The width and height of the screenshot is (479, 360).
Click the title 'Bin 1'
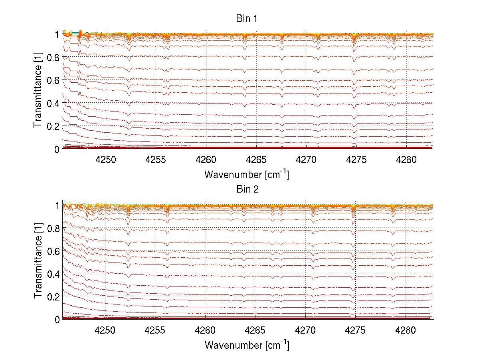tap(247, 18)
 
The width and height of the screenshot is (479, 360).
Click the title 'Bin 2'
tap(247, 189)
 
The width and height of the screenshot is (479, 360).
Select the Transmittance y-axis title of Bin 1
tap(38, 91)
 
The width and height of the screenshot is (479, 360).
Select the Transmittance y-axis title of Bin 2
tap(38, 262)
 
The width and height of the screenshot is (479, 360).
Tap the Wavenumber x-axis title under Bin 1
tap(247, 174)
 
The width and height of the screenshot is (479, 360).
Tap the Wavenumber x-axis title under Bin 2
tap(247, 345)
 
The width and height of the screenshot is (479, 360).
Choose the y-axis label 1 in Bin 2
tap(57, 205)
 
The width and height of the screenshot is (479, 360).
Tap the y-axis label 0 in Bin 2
tap(57, 319)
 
